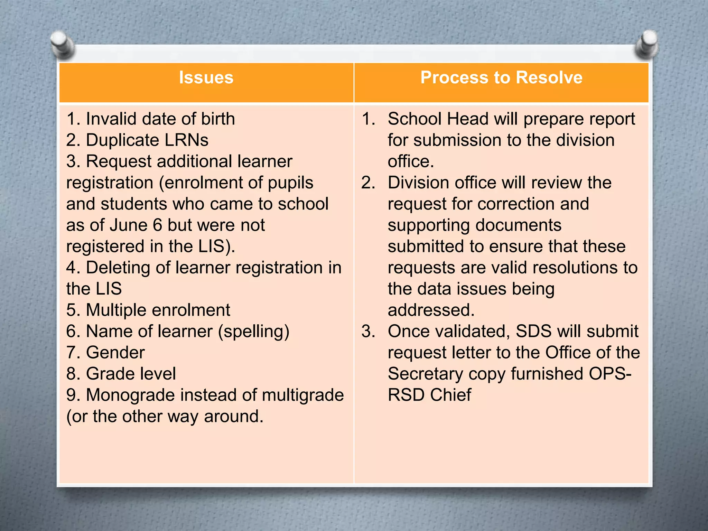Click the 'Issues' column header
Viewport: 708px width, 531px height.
pyautogui.click(x=206, y=77)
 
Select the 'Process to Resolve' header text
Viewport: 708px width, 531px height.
pyautogui.click(x=501, y=77)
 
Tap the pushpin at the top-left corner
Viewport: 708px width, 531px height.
pyautogui.click(x=62, y=44)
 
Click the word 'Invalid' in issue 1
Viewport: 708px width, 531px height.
pyautogui.click(x=111, y=119)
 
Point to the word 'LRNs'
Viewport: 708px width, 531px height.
pyautogui.click(x=186, y=140)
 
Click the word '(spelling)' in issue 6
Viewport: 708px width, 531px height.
pyautogui.click(x=254, y=332)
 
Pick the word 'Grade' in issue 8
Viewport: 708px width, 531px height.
pyautogui.click(x=107, y=374)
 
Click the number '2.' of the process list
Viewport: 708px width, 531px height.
pyautogui.click(x=368, y=183)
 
